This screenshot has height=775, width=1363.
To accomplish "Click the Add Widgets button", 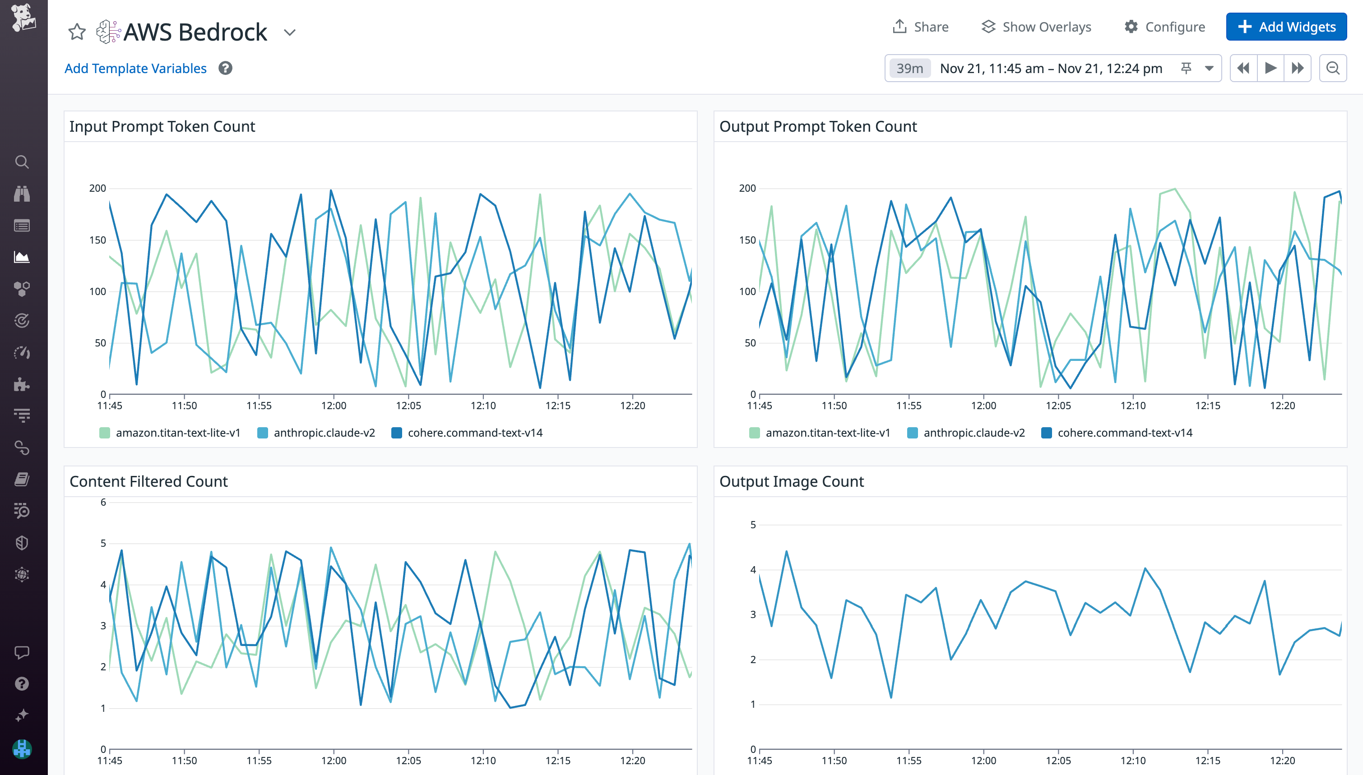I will [x=1286, y=27].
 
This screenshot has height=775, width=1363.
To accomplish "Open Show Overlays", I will [x=1036, y=27].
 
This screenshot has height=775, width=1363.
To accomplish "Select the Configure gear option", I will [x=1164, y=27].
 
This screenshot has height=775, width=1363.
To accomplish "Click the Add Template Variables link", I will [x=135, y=68].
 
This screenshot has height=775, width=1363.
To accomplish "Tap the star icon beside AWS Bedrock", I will [x=77, y=32].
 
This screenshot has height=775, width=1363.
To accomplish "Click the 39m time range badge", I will [x=909, y=68].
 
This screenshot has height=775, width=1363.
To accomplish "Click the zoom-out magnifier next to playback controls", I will [x=1333, y=68].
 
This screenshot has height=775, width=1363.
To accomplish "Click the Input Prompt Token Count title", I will [x=162, y=126].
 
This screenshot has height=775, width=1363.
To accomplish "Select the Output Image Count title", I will [x=791, y=481].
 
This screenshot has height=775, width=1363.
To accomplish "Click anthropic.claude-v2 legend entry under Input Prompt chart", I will [x=324, y=433].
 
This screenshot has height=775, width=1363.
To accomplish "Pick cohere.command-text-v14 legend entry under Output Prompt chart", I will [x=1125, y=433].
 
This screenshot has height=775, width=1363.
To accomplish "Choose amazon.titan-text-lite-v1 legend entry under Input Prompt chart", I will [x=178, y=433].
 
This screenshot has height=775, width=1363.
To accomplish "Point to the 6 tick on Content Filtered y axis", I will [x=103, y=502].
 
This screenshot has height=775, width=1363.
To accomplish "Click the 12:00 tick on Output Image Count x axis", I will [x=983, y=760].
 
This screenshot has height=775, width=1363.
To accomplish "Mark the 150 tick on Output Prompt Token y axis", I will [x=747, y=240].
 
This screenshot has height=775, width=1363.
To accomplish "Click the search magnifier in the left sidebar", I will [x=22, y=162].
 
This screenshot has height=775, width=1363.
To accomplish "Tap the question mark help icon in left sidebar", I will [x=22, y=683].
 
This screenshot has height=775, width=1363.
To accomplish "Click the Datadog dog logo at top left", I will [x=23, y=17].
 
